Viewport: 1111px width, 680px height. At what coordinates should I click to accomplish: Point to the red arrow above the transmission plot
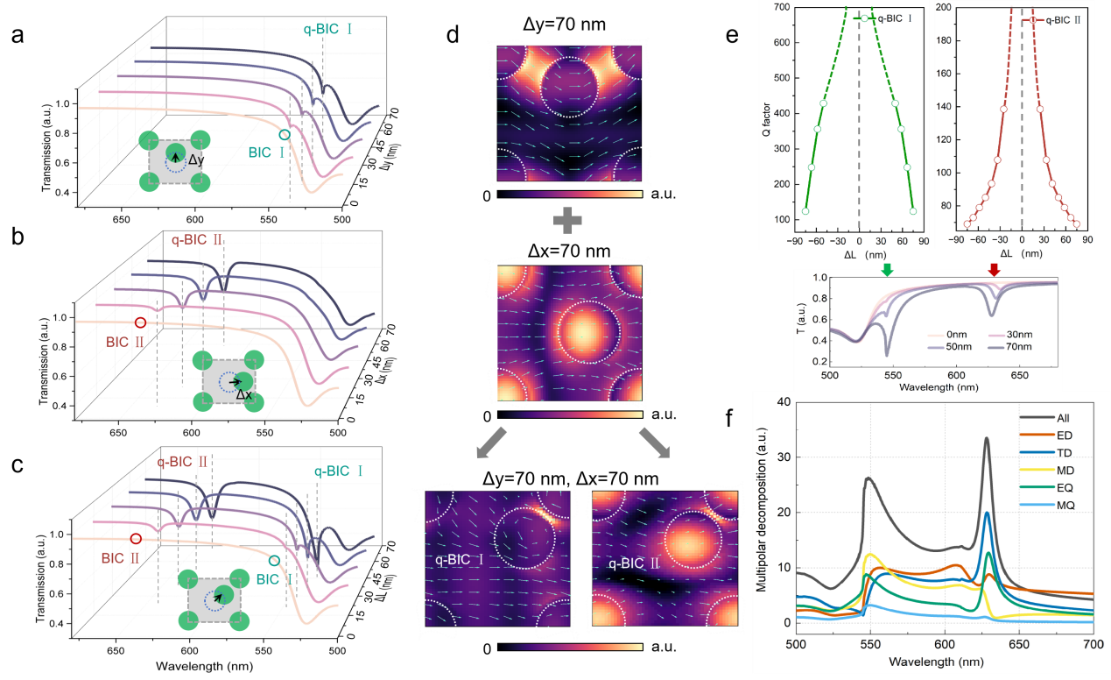click(994, 269)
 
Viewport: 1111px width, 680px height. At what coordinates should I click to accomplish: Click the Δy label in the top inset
click(196, 160)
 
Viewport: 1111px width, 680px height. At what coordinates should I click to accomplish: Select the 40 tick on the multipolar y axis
click(785, 402)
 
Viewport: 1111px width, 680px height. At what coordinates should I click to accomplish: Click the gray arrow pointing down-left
click(488, 443)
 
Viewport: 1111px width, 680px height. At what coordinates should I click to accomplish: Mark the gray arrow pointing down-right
click(653, 443)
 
